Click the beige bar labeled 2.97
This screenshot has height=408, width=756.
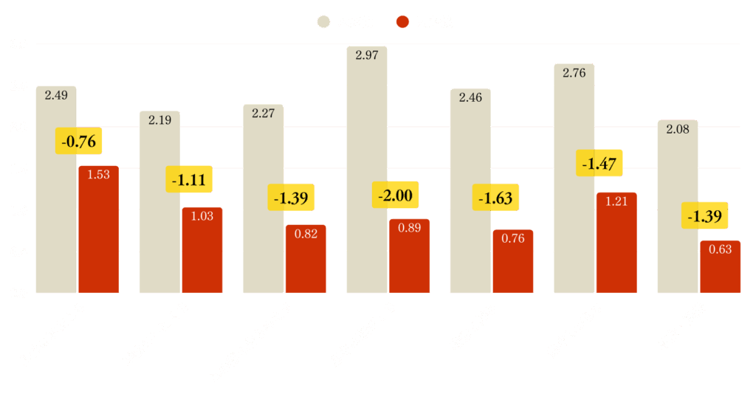(367, 170)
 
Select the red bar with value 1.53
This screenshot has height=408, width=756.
(98, 229)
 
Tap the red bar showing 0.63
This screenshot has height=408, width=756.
(720, 266)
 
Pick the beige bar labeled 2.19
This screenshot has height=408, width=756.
(159, 202)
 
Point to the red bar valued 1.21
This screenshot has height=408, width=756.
(616, 243)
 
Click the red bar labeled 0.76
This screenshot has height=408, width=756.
(512, 261)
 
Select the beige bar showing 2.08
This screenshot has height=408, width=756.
(678, 207)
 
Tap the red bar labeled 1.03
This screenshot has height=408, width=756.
(202, 250)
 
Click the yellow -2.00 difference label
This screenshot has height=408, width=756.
(395, 196)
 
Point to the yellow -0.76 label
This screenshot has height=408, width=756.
(79, 141)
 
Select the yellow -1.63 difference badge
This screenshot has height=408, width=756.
(495, 198)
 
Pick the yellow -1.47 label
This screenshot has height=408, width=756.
(599, 164)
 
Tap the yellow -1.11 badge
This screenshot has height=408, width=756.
(188, 179)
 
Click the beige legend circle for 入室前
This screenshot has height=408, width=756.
(323, 22)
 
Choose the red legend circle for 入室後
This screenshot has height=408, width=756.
(402, 22)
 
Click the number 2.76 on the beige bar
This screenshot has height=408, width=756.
(574, 73)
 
